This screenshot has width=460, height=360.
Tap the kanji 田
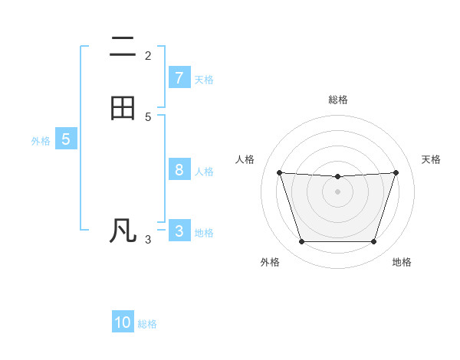tap(123, 109)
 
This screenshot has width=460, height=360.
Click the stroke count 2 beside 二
tap(148, 56)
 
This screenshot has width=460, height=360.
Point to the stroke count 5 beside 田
tap(148, 117)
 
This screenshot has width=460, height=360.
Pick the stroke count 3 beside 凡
tap(148, 240)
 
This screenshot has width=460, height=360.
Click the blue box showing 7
tap(179, 78)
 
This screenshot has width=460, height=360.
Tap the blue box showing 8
tap(179, 170)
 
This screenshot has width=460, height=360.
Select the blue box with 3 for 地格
tap(179, 231)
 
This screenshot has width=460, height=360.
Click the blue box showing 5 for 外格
tap(66, 139)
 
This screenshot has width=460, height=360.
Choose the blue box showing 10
tap(123, 322)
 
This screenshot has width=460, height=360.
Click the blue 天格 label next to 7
tap(204, 79)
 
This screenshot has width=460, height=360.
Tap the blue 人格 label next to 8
tap(204, 171)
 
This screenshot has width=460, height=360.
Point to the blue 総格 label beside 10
tap(147, 323)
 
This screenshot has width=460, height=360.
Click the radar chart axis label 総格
tap(337, 100)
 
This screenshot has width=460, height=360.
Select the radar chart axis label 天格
tap(431, 159)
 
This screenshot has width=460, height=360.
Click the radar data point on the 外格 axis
tap(301, 242)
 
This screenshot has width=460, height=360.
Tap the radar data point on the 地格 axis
tap(373, 242)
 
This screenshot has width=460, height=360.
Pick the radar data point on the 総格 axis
tap(337, 177)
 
